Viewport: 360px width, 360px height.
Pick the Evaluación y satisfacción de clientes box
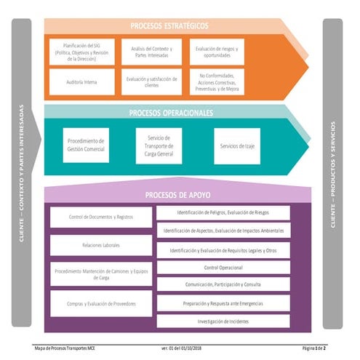click(x=151, y=82)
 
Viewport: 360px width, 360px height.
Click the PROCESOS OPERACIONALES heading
click(x=171, y=113)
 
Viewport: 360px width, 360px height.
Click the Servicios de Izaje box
click(x=236, y=145)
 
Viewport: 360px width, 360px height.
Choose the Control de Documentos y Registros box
click(x=101, y=217)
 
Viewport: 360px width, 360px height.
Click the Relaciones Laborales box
click(x=101, y=246)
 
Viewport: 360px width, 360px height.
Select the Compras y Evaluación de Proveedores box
click(x=101, y=303)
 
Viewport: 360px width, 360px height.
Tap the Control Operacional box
click(x=223, y=267)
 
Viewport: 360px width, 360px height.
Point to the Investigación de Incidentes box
click(x=223, y=321)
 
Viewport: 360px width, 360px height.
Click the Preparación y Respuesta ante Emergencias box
click(x=223, y=303)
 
